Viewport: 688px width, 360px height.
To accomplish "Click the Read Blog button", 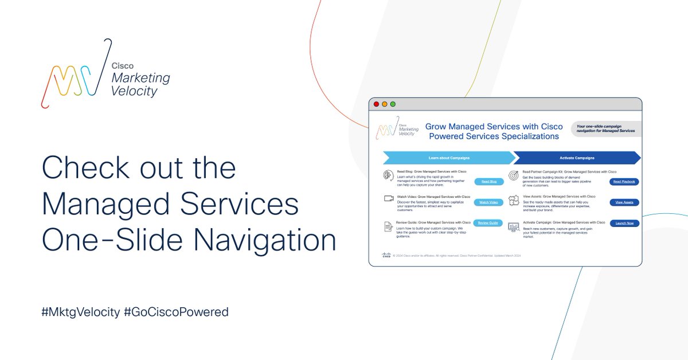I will pos(489,181).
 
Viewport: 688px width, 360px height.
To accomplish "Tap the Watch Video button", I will pos(489,202).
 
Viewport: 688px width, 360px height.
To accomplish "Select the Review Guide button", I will pos(489,222).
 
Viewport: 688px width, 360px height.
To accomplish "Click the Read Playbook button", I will pos(624,181).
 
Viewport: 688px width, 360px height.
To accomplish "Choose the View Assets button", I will pos(624,202).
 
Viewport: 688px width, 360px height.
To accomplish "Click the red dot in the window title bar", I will pos(376,104).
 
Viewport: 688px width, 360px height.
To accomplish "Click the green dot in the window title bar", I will pos(393,104).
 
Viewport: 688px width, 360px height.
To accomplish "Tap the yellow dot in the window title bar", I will pos(385,104).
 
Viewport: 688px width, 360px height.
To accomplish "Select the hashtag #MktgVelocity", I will pos(80,312).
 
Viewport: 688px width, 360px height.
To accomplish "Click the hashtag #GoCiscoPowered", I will pos(176,312).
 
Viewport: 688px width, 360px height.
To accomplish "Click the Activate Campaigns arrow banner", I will pos(576,158).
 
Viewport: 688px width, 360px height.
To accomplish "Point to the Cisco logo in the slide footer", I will pos(386,255).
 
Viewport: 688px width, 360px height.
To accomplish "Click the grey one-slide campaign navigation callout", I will pos(605,128).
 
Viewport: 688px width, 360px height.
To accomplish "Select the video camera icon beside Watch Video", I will pos(388,198).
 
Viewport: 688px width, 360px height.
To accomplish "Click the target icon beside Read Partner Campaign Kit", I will pos(513,175).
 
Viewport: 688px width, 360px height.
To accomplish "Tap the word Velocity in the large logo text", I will pos(134,91).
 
